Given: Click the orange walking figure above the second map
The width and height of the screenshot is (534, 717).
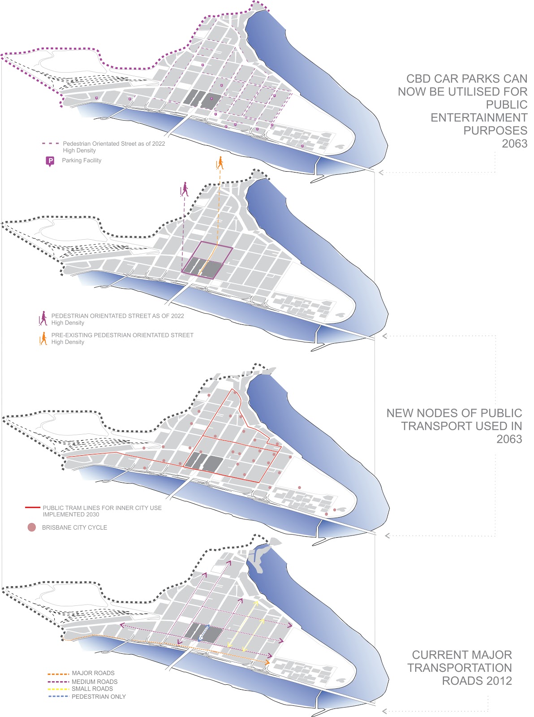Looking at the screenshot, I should coord(220,163).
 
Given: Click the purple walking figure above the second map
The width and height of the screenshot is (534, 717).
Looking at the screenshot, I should coord(184,189).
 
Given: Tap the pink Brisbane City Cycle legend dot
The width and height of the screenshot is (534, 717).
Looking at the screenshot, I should coord(31,527).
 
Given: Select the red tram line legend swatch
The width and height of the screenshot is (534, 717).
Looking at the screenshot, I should coord(32,508).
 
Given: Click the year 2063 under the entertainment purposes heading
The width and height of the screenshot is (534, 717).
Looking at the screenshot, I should coord(514,144).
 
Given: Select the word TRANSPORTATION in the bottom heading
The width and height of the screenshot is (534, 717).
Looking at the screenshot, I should coord(459,668).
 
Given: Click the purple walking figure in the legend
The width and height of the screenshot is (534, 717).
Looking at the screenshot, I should coord(43,319).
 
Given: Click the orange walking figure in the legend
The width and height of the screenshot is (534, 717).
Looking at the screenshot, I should coord(43,338).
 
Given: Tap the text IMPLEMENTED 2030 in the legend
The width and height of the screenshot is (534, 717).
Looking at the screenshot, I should coord(71,515).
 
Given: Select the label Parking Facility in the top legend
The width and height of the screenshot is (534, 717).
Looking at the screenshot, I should coord(82,160).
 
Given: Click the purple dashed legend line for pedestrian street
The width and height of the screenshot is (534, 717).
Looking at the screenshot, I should coord(50,144).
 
